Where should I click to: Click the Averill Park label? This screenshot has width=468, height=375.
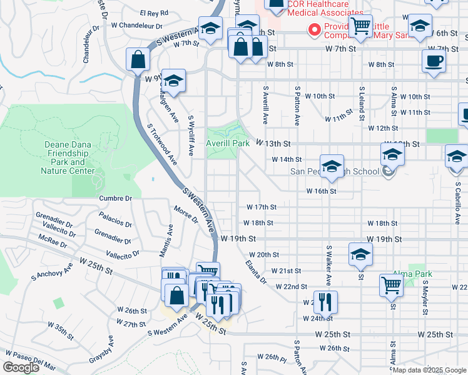[228, 143]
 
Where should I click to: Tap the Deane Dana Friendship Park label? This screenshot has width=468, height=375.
[68, 157]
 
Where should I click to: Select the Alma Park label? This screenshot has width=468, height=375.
[412, 274]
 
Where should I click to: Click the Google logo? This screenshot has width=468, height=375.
[21, 367]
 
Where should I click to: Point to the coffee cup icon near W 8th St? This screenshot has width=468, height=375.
[434, 62]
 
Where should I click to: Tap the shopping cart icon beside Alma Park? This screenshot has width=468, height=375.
[391, 284]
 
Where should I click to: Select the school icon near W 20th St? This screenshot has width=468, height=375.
[360, 254]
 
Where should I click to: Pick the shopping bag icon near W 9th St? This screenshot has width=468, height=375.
[138, 60]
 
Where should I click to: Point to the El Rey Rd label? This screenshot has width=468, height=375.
[155, 12]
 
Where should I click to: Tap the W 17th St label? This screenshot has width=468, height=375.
[262, 207]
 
